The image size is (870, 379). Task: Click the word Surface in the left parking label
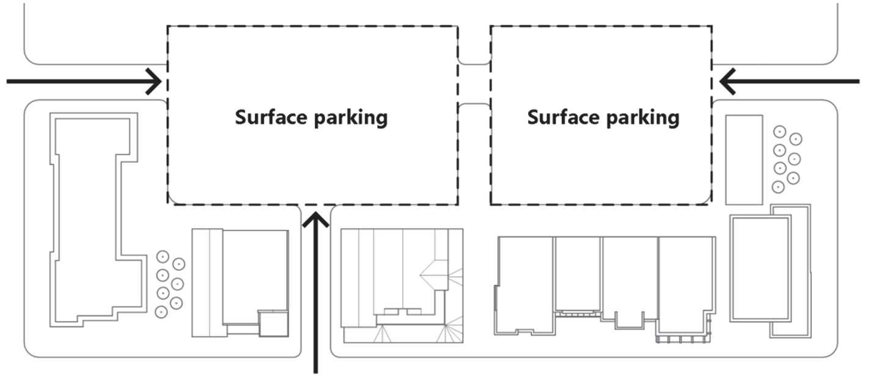(x=271, y=117)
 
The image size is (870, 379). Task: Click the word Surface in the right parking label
(x=563, y=117)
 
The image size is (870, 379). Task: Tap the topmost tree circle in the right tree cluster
(x=780, y=132)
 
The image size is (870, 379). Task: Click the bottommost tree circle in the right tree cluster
(x=778, y=187)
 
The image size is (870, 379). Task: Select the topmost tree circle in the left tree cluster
(x=163, y=257)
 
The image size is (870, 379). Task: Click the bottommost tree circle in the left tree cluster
(x=161, y=312)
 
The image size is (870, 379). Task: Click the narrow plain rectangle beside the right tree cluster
(x=744, y=160)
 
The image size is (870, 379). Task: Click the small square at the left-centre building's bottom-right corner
(x=274, y=323)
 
